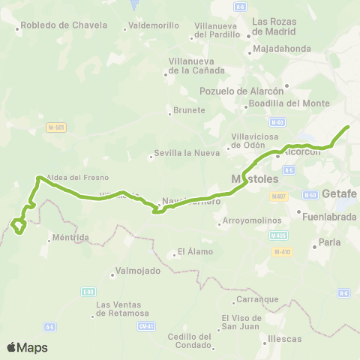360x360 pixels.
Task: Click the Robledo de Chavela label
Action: pyautogui.click(x=58, y=25)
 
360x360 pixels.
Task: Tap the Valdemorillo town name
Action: pyautogui.click(x=154, y=25)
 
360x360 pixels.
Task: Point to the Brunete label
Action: pyautogui.click(x=189, y=110)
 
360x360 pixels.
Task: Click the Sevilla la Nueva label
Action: pyautogui.click(x=186, y=153)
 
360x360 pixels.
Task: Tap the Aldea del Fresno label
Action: pyautogui.click(x=78, y=178)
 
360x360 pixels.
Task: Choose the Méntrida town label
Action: pyautogui.click(x=68, y=238)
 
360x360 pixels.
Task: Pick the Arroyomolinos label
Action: pyautogui.click(x=252, y=221)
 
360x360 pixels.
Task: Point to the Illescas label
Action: pyautogui.click(x=284, y=339)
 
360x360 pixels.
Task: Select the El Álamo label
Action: pyautogui.click(x=195, y=252)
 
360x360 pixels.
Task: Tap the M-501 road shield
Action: pyautogui.click(x=56, y=127)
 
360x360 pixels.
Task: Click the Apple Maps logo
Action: pyautogui.click(x=27, y=347)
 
